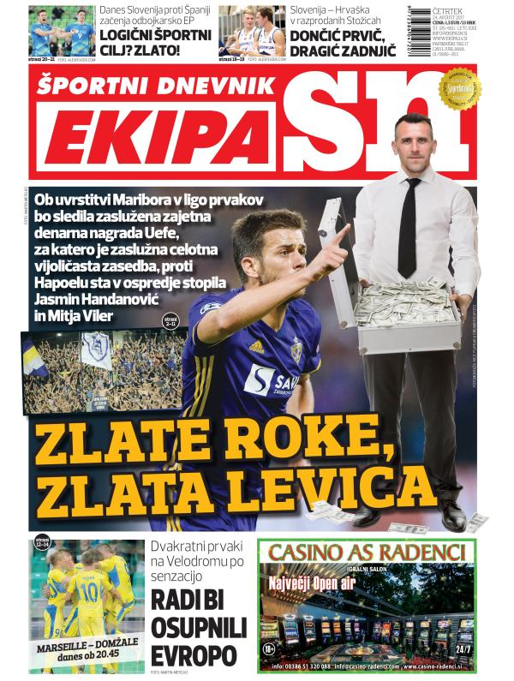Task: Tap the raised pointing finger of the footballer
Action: pos(343,233)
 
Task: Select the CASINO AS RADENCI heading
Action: pos(368,551)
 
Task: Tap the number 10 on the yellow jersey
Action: pos(90,592)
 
